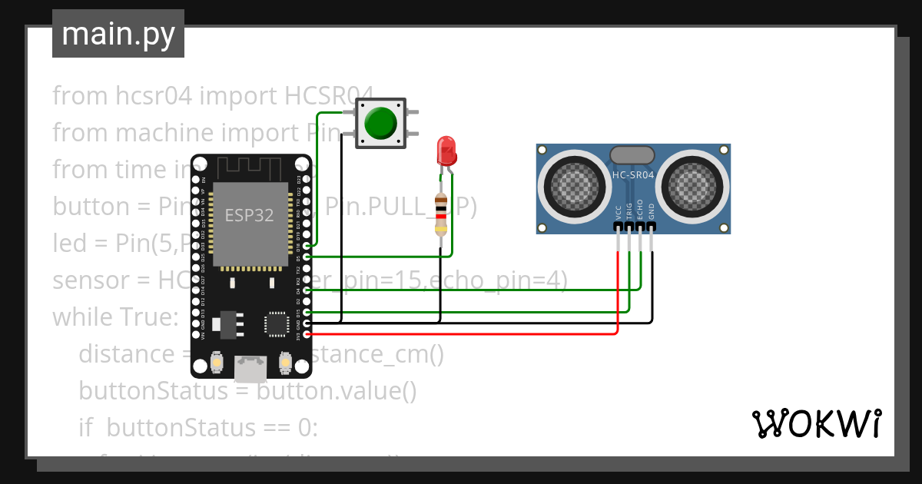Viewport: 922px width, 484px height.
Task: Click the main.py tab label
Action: pyautogui.click(x=118, y=34)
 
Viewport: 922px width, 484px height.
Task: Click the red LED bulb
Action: pyautogui.click(x=446, y=150)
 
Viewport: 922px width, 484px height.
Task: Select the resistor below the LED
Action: pyautogui.click(x=441, y=215)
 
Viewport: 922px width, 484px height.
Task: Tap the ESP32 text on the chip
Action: pyautogui.click(x=249, y=215)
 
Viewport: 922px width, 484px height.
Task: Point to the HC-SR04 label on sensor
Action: pyautogui.click(x=633, y=175)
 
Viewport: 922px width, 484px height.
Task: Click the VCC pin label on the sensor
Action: pyautogui.click(x=619, y=212)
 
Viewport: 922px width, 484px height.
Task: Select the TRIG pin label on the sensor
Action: pyautogui.click(x=629, y=212)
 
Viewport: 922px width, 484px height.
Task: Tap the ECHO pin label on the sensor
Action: pyautogui.click(x=640, y=212)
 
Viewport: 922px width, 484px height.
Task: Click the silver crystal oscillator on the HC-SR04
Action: pyautogui.click(x=632, y=154)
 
